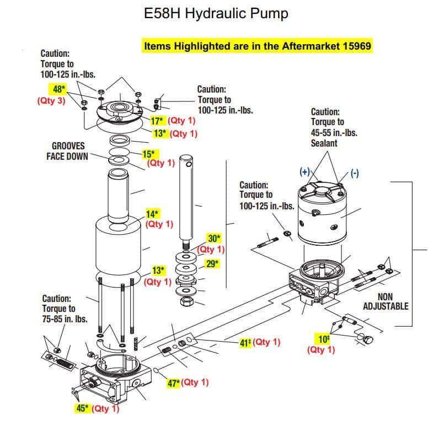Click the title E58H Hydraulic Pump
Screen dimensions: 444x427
point(216,13)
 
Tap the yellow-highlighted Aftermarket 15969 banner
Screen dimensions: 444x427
point(258,46)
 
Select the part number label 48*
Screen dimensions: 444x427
point(59,89)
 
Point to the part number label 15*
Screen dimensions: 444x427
point(149,154)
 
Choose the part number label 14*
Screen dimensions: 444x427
point(152,214)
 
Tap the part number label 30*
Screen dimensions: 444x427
point(215,239)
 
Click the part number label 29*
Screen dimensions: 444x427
point(213,264)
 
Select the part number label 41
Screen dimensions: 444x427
point(245,343)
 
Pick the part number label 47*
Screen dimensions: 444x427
point(174,383)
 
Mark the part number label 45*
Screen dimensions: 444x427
point(82,408)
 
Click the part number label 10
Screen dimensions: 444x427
point(324,339)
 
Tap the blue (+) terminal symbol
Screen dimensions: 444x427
point(304,172)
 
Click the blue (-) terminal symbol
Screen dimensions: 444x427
point(355,173)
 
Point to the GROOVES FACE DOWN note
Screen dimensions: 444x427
point(67,151)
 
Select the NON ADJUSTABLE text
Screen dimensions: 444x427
point(386,301)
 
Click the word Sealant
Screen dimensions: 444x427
point(324,143)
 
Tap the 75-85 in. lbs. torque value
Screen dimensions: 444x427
point(65,319)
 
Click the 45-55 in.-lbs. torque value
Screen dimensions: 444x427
point(334,133)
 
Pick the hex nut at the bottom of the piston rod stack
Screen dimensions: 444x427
point(187,301)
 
